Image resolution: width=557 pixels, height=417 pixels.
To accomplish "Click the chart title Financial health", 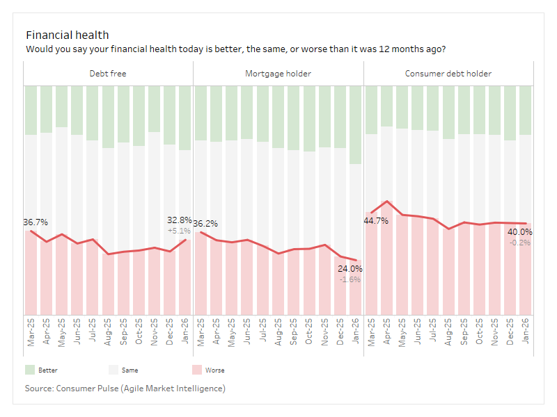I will pyautogui.click(x=67, y=35).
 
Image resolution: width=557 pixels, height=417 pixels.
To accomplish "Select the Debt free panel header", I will pyautogui.click(x=108, y=73).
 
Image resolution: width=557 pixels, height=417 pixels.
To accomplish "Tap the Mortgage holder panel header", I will pyautogui.click(x=278, y=73).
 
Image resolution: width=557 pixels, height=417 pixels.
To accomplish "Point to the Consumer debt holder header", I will pyautogui.click(x=448, y=73).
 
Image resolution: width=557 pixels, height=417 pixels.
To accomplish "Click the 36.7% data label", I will pyautogui.click(x=36, y=222).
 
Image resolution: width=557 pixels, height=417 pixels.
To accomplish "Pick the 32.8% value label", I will pyautogui.click(x=179, y=220).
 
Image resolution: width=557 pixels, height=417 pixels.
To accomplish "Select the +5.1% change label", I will pyautogui.click(x=179, y=231).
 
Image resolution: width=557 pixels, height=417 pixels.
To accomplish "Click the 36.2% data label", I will pyautogui.click(x=205, y=224).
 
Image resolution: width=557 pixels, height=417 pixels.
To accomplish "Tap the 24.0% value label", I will pyautogui.click(x=350, y=268).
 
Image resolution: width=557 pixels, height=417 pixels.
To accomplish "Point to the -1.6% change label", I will pyautogui.click(x=350, y=279).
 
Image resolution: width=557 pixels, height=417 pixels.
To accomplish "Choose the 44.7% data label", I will pyautogui.click(x=376, y=221).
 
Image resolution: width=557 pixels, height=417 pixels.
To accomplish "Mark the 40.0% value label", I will pyautogui.click(x=519, y=232).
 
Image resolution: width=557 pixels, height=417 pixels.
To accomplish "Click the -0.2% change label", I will pyautogui.click(x=519, y=243).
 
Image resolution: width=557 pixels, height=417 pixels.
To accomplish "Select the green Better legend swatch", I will pyautogui.click(x=30, y=370).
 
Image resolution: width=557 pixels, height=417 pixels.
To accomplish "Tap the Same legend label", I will pyautogui.click(x=130, y=370).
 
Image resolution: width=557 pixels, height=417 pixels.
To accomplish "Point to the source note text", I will pyautogui.click(x=125, y=388).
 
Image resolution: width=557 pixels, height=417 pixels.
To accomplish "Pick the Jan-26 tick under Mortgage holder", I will pyautogui.click(x=356, y=332).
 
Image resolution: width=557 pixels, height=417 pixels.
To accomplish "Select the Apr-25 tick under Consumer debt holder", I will pyautogui.click(x=388, y=332).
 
